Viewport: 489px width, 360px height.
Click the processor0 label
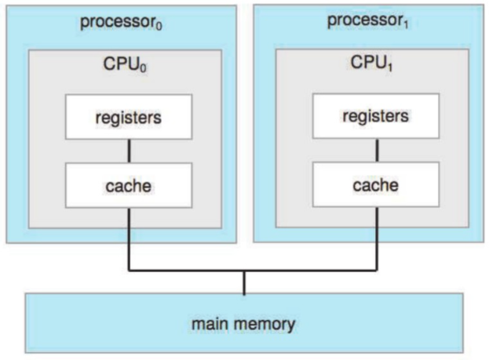tap(119, 22)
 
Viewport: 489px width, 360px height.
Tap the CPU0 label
tap(126, 66)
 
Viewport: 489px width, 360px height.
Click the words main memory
tap(244, 322)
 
